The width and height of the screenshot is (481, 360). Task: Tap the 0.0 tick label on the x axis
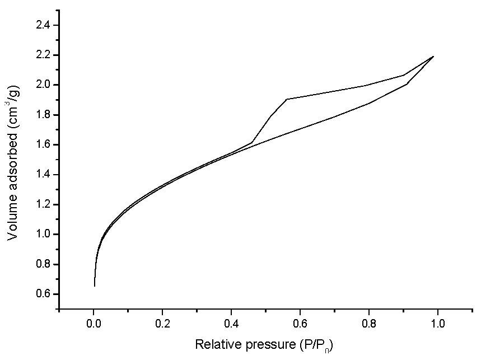pos(94,324)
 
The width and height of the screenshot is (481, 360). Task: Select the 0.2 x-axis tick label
pos(162,324)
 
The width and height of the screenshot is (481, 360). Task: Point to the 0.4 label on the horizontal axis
pos(231,324)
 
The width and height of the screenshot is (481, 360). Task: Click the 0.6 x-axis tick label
pos(300,324)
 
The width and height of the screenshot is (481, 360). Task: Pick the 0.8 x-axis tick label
pos(369,324)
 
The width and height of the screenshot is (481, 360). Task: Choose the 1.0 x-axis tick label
pos(438,324)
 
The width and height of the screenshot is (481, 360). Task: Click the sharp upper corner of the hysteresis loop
pos(287,99)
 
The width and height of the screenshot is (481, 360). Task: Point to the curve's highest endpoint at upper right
pos(433,56)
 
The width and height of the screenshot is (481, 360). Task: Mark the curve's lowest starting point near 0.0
pos(94,286)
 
